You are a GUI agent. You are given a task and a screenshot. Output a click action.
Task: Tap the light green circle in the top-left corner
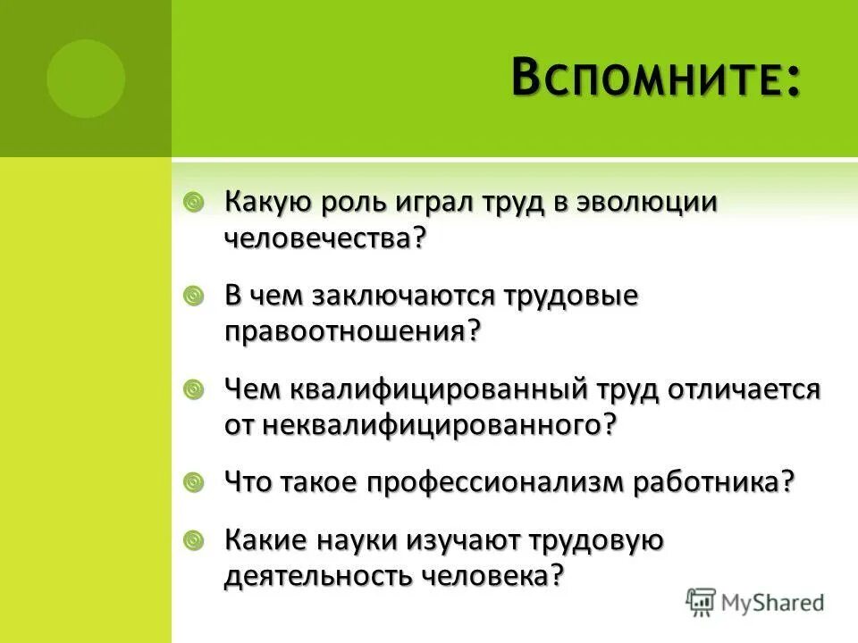[x=86, y=79]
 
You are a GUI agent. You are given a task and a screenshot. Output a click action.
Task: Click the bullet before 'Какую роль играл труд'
[x=193, y=203]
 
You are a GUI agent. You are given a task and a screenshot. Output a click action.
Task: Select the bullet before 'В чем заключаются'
[x=193, y=296]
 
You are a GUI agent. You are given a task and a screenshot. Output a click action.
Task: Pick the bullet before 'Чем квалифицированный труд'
[x=193, y=389]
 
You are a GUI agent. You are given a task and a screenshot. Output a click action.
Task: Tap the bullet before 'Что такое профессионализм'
[x=193, y=483]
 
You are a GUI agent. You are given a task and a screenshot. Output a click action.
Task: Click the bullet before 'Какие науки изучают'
[x=193, y=540]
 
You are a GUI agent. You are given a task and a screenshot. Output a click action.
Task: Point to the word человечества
[x=322, y=238]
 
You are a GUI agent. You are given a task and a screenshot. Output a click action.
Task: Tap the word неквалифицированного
[x=438, y=425]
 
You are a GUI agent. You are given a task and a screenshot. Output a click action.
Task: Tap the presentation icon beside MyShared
[x=702, y=601]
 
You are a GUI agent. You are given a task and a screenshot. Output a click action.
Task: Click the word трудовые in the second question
[x=572, y=296]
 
